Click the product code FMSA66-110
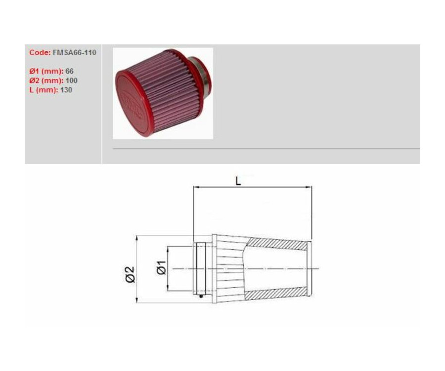(x=74, y=53)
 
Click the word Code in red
(x=39, y=53)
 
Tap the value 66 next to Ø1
(x=69, y=72)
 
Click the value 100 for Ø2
(x=71, y=80)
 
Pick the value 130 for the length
(x=66, y=90)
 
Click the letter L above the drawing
(x=238, y=181)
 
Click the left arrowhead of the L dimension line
(x=195, y=187)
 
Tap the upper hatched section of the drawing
(x=277, y=244)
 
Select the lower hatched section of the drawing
(x=277, y=294)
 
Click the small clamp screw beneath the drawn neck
(x=202, y=297)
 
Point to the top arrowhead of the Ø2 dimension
(x=136, y=238)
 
